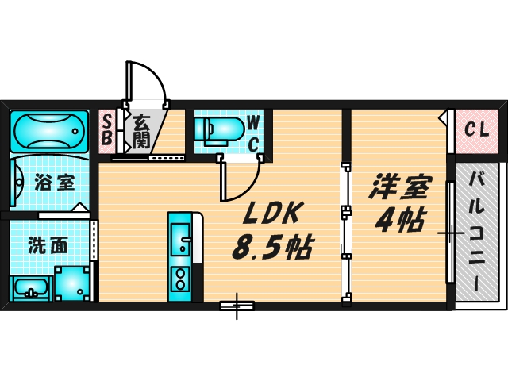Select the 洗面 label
coord(48,245)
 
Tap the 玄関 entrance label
coord(141,132)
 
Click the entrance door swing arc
coord(151,83)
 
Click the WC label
coord(252,132)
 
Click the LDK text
coord(268,213)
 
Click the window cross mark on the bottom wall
coord(237,305)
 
